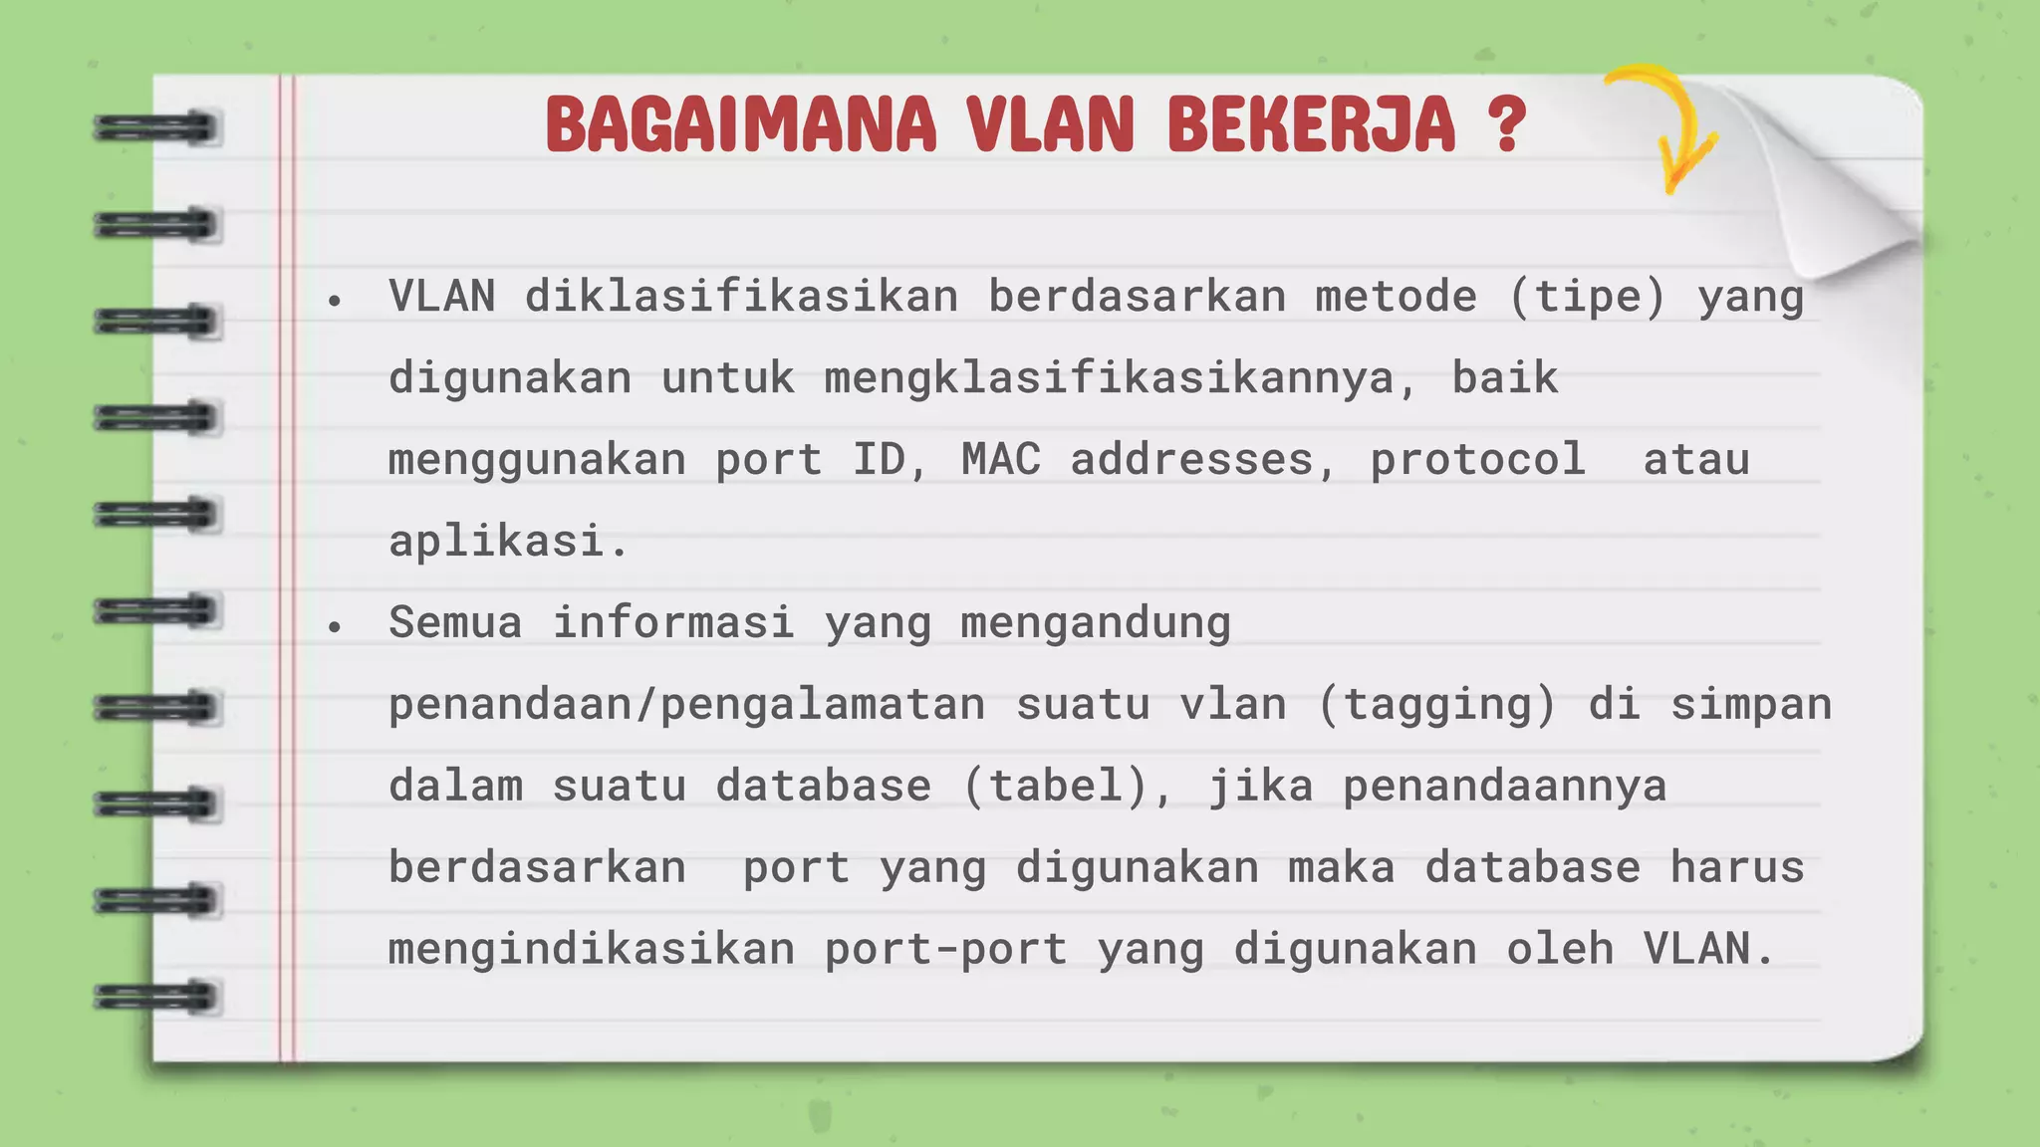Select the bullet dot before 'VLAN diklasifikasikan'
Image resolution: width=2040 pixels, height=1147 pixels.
[335, 300]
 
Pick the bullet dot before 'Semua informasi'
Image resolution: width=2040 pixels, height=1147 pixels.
[335, 626]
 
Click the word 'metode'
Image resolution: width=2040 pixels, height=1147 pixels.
[1396, 297]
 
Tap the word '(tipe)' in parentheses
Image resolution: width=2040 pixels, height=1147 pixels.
[1587, 297]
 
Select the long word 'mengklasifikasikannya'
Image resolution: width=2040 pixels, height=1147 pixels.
[1109, 378]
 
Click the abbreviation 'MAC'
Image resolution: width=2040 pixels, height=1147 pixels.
[1001, 460]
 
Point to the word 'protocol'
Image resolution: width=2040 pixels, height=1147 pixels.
[1477, 460]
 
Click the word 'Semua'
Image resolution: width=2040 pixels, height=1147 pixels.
[455, 623]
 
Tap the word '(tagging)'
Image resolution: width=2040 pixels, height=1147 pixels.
[1436, 705]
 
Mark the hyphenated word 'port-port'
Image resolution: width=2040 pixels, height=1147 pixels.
[945, 950]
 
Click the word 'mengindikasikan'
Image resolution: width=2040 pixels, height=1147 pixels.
[592, 950]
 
